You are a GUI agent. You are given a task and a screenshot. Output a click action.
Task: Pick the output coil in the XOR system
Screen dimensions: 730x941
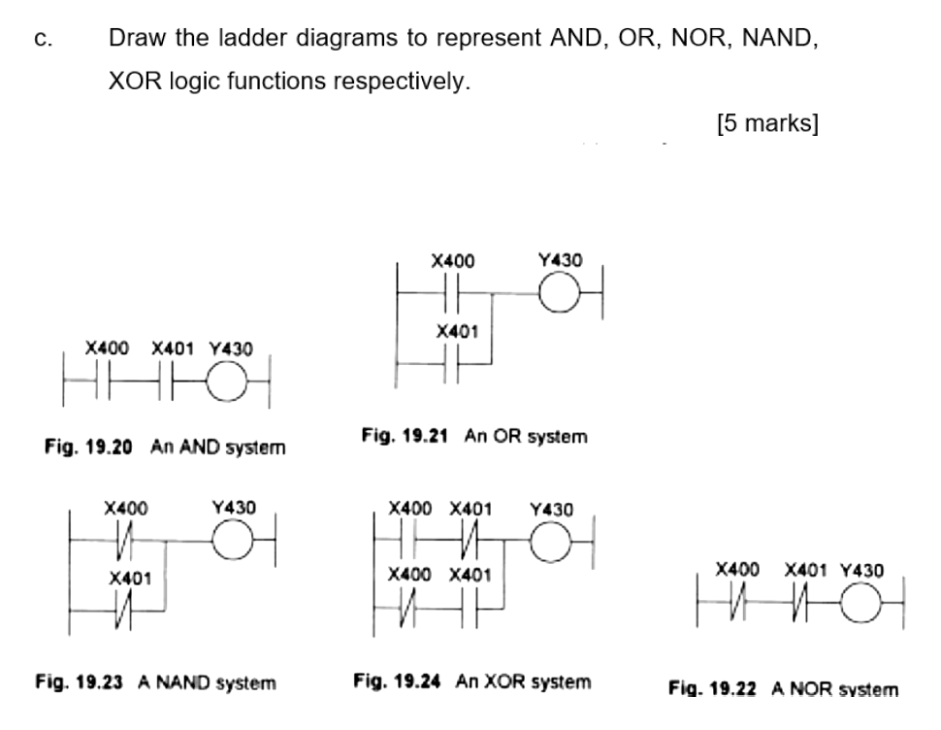(x=550, y=540)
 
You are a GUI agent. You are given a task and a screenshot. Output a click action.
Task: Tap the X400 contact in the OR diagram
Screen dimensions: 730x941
(x=454, y=293)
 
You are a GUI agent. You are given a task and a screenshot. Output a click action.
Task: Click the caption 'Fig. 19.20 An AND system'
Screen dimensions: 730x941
(x=165, y=448)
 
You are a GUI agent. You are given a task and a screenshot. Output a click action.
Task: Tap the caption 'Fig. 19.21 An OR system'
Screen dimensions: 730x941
(x=474, y=437)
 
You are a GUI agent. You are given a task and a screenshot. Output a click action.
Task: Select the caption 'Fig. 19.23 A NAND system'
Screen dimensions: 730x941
(x=156, y=682)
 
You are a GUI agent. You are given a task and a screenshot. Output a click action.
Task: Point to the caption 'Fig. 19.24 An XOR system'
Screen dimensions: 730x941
(x=472, y=681)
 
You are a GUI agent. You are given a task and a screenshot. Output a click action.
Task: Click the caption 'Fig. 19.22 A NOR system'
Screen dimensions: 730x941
(x=784, y=689)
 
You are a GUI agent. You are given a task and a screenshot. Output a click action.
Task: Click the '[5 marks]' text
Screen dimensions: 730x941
(x=767, y=124)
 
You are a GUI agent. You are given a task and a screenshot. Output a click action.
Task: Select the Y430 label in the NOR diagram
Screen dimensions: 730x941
(x=861, y=570)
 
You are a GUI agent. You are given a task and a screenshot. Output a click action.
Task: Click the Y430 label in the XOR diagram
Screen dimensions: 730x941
(x=552, y=509)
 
